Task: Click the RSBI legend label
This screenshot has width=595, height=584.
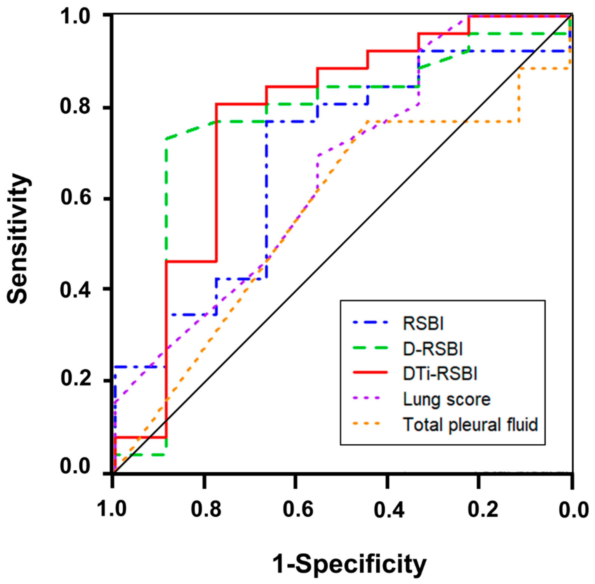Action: (423, 324)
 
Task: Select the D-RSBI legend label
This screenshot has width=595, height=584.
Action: (433, 349)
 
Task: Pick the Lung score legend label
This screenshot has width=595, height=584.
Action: (446, 399)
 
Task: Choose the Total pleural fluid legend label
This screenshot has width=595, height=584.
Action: (470, 425)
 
